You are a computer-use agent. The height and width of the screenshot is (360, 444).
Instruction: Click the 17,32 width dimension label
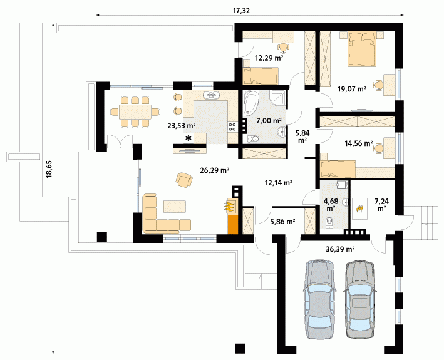tap(241, 11)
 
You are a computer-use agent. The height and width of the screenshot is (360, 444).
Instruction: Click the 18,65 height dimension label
tap(49, 169)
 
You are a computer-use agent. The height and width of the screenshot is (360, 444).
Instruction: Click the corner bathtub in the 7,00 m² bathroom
tap(250, 103)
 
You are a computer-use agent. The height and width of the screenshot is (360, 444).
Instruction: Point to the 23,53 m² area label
tap(182, 125)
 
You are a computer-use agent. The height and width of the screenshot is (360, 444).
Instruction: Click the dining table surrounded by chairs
tap(135, 111)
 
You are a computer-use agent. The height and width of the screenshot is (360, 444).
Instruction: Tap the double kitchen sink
tap(211, 95)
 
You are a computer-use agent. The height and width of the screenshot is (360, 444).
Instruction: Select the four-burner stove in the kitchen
tap(232, 126)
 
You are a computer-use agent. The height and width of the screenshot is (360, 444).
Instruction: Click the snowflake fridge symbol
tap(188, 138)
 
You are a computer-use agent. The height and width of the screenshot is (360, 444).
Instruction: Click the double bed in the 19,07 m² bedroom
tap(362, 49)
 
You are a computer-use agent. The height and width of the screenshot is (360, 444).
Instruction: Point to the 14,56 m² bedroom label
tap(358, 143)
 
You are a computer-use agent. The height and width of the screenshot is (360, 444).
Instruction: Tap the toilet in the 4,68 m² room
tap(329, 222)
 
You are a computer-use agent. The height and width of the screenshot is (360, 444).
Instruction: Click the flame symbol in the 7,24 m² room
tap(359, 208)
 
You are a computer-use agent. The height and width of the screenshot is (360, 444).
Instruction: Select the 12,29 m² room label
tap(269, 58)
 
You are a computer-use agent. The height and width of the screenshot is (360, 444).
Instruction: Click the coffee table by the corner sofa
tap(175, 207)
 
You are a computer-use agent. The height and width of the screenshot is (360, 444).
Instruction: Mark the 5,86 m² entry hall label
tap(282, 222)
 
